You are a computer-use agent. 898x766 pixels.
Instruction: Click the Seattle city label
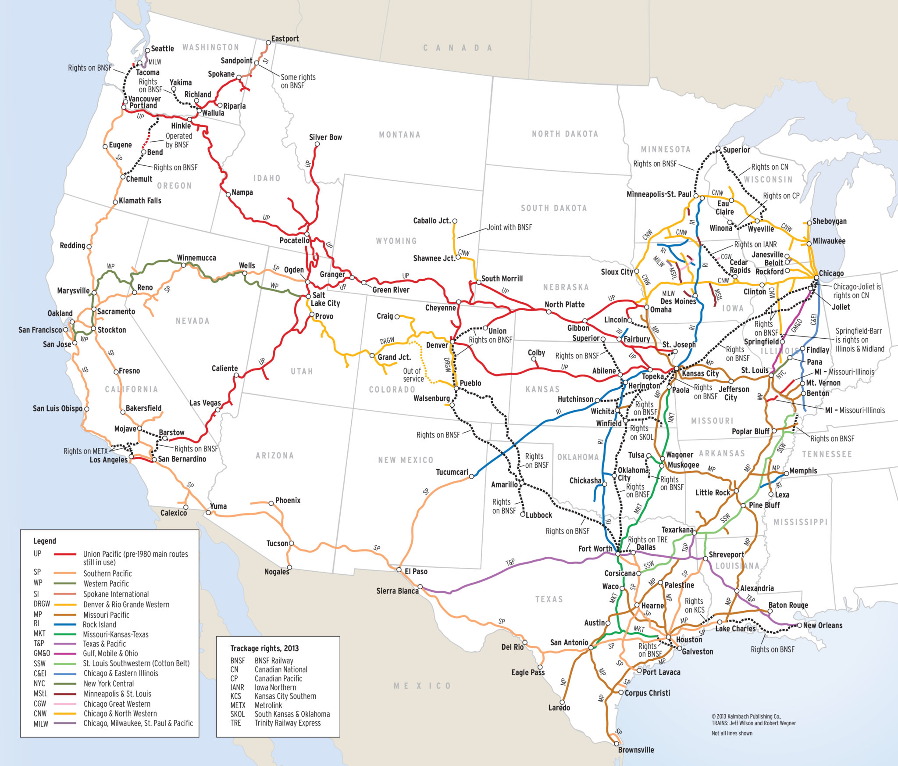pyautogui.click(x=162, y=49)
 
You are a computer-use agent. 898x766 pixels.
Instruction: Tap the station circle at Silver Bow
pyautogui.click(x=317, y=144)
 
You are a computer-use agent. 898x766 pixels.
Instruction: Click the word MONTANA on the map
pyautogui.click(x=399, y=135)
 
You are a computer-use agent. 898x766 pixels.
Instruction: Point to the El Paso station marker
pyautogui.click(x=399, y=570)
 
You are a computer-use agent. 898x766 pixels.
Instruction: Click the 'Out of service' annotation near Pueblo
pyautogui.click(x=413, y=375)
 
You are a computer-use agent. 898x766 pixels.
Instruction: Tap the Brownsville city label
pyautogui.click(x=636, y=750)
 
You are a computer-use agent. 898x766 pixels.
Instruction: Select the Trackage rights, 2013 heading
pyautogui.click(x=264, y=648)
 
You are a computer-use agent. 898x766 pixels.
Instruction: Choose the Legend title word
pyautogui.click(x=45, y=541)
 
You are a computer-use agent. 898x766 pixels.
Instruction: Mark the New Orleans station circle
pyautogui.click(x=799, y=626)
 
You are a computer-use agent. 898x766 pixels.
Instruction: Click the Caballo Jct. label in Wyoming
pyautogui.click(x=432, y=221)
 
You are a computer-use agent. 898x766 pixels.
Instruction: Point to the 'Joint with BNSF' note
pyautogui.click(x=509, y=227)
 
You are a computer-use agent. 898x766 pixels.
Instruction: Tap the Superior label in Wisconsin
pyautogui.click(x=736, y=150)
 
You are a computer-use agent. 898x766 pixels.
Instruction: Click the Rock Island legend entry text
pyautogui.click(x=100, y=624)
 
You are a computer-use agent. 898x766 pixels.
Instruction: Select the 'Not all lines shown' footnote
pyautogui.click(x=732, y=733)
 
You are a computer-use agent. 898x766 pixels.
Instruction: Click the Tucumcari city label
pyautogui.click(x=452, y=472)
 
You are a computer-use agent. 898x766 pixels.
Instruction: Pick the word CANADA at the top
pyautogui.click(x=457, y=48)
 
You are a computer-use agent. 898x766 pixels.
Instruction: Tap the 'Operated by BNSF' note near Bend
pyautogui.click(x=178, y=140)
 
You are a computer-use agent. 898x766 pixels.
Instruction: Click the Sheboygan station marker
pyautogui.click(x=809, y=223)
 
